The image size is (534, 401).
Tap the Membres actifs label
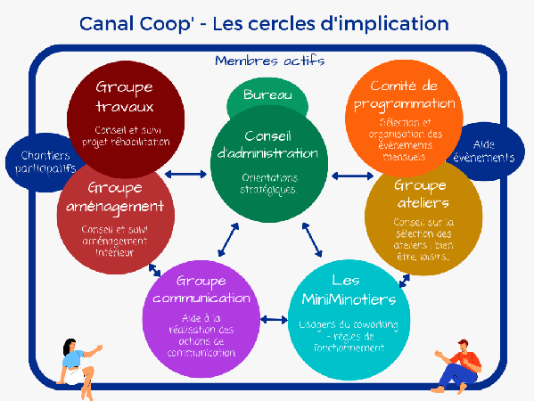click(x=270, y=61)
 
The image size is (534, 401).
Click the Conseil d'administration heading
click(x=267, y=145)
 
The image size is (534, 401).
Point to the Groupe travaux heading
click(x=125, y=96)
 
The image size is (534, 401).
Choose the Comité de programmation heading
click(x=404, y=95)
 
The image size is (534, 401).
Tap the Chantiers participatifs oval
click(x=43, y=162)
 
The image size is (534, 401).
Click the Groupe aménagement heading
click(x=115, y=198)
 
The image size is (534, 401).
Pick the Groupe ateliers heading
click(x=422, y=194)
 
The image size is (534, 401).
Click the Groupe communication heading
click(x=201, y=290)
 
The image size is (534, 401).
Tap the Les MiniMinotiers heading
click(x=349, y=291)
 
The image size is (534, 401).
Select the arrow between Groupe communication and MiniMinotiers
click(x=274, y=320)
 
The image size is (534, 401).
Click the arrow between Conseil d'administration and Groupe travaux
click(x=185, y=175)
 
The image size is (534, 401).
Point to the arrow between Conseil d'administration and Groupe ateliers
click(x=352, y=176)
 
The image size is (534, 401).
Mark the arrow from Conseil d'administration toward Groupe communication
click(x=228, y=240)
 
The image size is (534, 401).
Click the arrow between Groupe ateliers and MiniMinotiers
click(x=404, y=281)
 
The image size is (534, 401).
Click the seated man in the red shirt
click(x=457, y=367)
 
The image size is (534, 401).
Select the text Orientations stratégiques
click(x=268, y=184)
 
